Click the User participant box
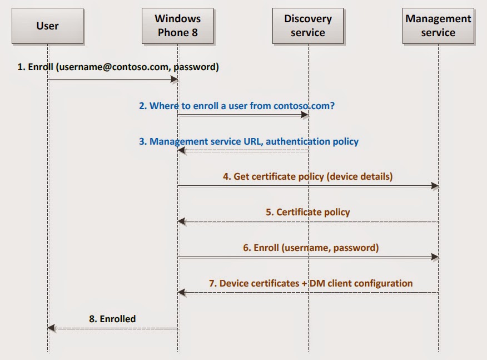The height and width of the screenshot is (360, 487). click(47, 26)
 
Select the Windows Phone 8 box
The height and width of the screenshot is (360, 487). click(177, 26)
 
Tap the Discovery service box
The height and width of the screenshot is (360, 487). click(308, 26)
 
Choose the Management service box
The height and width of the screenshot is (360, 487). click(438, 26)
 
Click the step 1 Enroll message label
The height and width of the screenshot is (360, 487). click(118, 67)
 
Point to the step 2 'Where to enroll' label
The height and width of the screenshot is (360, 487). click(237, 105)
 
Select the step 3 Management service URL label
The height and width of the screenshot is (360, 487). click(249, 141)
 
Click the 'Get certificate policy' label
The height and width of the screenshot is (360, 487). click(307, 176)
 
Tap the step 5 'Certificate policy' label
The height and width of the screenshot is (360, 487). click(307, 212)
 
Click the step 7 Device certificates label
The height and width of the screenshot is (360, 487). click(311, 283)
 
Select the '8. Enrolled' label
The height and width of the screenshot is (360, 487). click(112, 319)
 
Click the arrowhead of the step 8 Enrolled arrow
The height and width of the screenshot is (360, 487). click(52, 328)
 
